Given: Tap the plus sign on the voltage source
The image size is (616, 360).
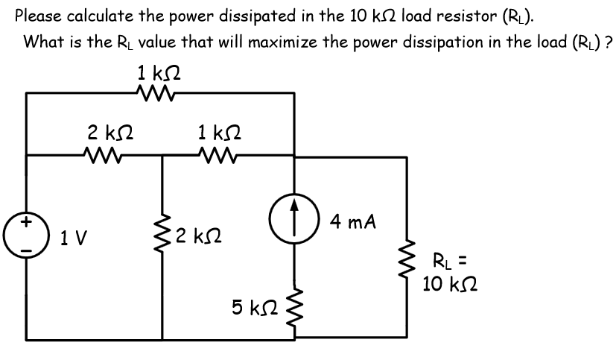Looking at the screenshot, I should pyautogui.click(x=27, y=221).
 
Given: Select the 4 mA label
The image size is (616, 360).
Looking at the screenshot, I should pyautogui.click(x=355, y=221).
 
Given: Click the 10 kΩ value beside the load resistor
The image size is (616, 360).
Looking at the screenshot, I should pyautogui.click(x=448, y=284).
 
